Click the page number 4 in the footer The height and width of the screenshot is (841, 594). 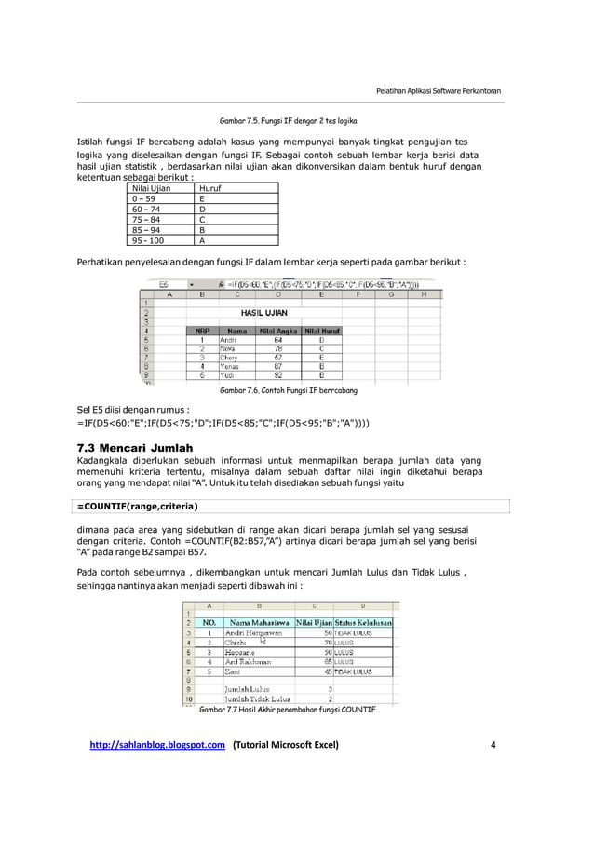[493, 745]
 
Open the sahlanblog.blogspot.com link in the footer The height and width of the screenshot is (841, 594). [157, 745]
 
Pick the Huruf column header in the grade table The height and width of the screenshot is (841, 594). [211, 188]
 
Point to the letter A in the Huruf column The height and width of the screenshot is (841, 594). [203, 240]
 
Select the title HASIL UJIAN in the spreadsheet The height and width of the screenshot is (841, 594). [263, 314]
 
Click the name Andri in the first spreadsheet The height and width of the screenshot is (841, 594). [229, 341]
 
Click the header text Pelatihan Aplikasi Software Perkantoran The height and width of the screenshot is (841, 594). [438, 90]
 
